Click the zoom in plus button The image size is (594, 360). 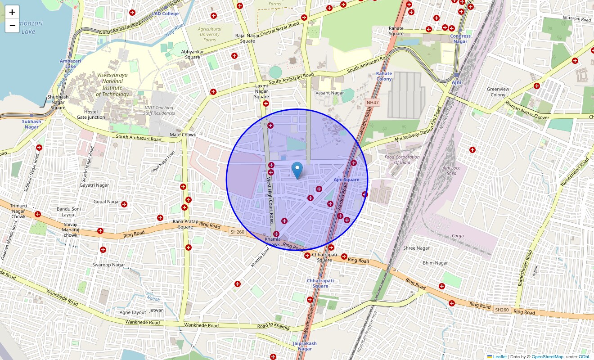coord(12,12)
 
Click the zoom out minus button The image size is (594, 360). coord(12,26)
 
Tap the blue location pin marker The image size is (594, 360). coord(297,171)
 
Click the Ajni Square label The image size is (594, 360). coord(346,180)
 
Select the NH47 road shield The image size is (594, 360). coord(373,103)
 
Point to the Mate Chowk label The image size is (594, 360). coord(183,135)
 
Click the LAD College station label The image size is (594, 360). coord(165,13)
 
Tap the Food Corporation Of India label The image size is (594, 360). coord(402,160)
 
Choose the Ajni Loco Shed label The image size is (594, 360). coord(452,171)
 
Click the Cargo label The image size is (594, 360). coord(458,236)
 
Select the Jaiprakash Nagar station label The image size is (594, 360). coord(305,346)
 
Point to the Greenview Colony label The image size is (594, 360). coord(498,92)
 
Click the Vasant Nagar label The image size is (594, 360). coord(330,93)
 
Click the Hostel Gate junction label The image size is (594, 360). coord(90,114)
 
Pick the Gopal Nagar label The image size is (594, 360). coord(107,202)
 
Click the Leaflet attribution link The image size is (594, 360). coord(499,357)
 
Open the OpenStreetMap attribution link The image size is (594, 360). coord(547,357)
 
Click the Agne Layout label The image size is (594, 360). coord(133,312)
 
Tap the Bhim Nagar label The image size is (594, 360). coord(435,263)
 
